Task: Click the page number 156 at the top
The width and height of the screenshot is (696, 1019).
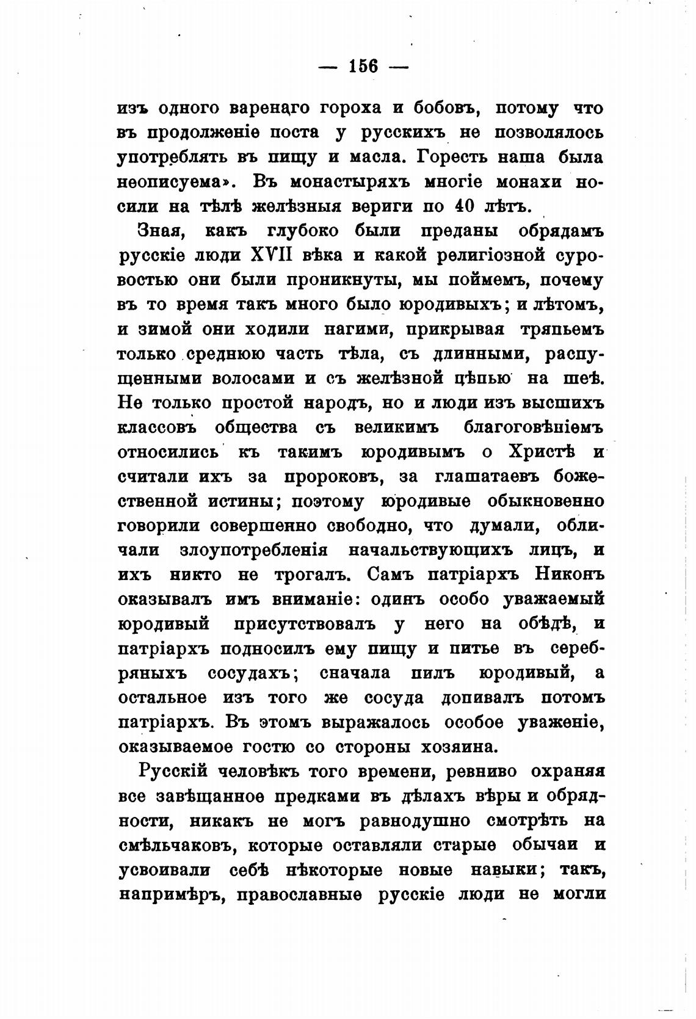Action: click(x=364, y=65)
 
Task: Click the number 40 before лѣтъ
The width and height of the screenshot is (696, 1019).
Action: click(x=463, y=206)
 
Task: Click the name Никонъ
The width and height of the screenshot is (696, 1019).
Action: click(x=569, y=575)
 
